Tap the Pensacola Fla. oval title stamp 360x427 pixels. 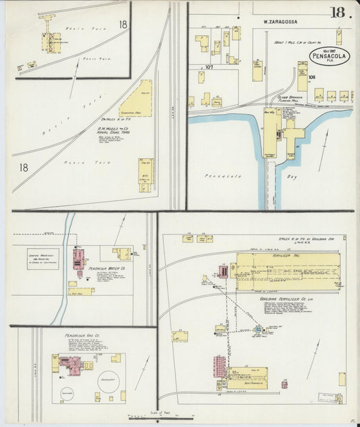coord(329,57)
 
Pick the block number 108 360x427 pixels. coord(312,78)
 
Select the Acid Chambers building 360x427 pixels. coord(247,378)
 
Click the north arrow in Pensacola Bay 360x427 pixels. coord(326,143)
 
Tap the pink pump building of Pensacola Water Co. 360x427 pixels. coord(78,259)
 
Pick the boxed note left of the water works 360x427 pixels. coord(43,258)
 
